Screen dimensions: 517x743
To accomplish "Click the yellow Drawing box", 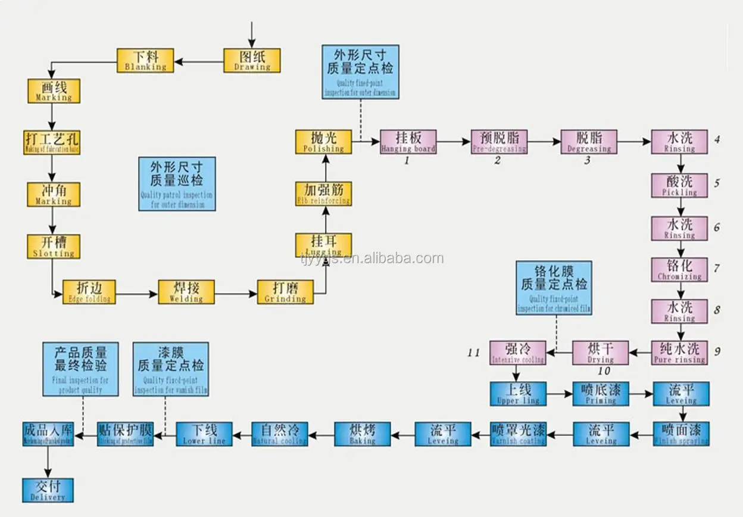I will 252,60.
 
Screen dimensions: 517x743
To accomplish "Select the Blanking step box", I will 145,61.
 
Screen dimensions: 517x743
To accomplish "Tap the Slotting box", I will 54,247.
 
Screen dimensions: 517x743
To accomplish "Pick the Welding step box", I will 186,292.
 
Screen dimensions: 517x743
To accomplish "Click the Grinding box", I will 285,292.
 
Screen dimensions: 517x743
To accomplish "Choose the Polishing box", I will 324,142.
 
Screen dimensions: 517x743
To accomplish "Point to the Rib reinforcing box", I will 324,194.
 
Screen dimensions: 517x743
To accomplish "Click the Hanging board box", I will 408,142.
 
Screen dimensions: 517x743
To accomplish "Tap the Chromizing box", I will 679,269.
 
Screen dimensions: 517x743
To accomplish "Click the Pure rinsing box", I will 679,352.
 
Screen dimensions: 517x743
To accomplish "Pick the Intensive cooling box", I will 518,352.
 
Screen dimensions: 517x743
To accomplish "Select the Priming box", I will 601,394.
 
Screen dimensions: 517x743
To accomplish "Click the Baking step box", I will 362,434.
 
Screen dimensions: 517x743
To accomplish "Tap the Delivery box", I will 48,490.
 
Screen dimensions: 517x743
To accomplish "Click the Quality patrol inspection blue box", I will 177,183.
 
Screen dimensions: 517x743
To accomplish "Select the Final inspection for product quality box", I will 80,369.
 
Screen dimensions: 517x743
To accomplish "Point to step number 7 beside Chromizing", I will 717,269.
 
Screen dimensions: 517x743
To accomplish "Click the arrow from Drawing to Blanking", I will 199,61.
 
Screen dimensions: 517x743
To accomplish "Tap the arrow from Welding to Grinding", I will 236,293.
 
